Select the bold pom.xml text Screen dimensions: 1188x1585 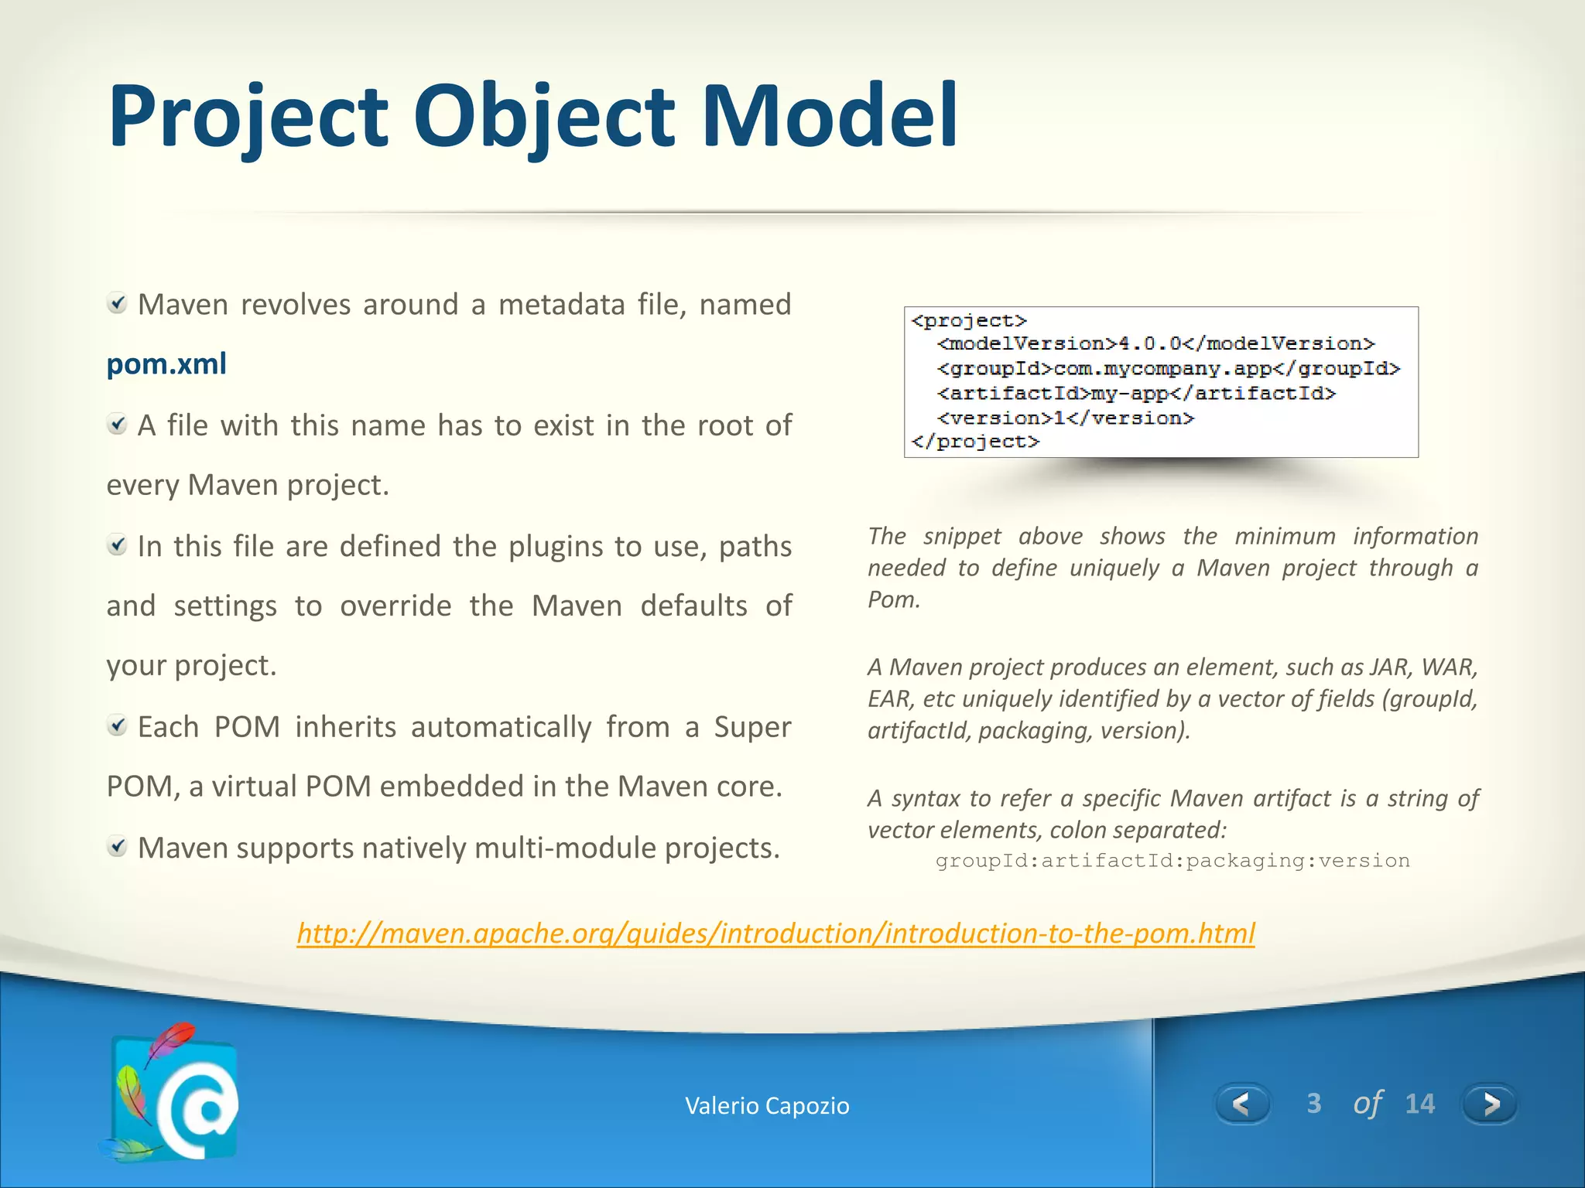(x=166, y=364)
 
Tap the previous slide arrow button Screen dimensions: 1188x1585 (x=1242, y=1104)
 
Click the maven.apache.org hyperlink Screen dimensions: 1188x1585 (x=775, y=934)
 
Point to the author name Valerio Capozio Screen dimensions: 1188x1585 (x=767, y=1106)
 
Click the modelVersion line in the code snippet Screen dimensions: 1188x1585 (x=1155, y=343)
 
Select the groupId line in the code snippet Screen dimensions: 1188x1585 (x=1168, y=368)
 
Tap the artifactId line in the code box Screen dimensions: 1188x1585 (x=1136, y=393)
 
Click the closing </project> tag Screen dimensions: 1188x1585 (x=975, y=442)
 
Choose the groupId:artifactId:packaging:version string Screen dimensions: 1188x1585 (x=1172, y=861)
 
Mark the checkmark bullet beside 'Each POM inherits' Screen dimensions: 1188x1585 (x=117, y=725)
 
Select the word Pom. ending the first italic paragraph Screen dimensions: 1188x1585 (x=894, y=599)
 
